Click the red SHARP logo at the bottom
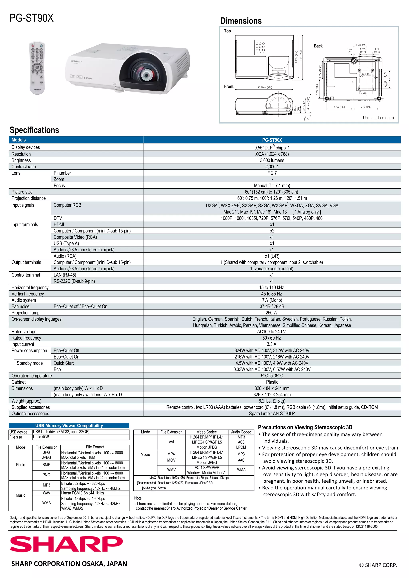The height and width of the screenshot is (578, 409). click(x=66, y=544)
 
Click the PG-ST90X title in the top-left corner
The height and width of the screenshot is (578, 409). click(x=32, y=18)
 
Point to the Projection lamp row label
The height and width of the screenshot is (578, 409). click(x=25, y=313)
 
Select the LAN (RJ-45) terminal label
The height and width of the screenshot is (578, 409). click(x=65, y=275)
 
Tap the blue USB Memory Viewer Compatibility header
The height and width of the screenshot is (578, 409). click(x=69, y=425)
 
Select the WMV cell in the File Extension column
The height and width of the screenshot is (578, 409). click(x=171, y=470)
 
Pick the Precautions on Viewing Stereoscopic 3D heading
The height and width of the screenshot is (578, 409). click(x=305, y=427)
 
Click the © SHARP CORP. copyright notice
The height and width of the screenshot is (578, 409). click(x=378, y=565)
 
